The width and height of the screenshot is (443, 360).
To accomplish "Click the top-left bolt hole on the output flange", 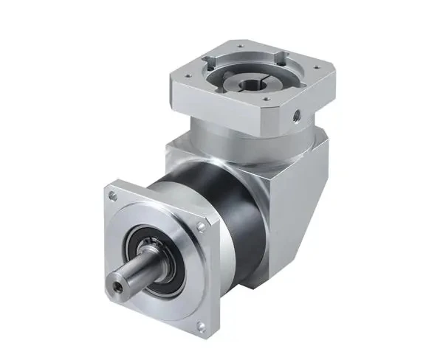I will pyautogui.click(x=111, y=196).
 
